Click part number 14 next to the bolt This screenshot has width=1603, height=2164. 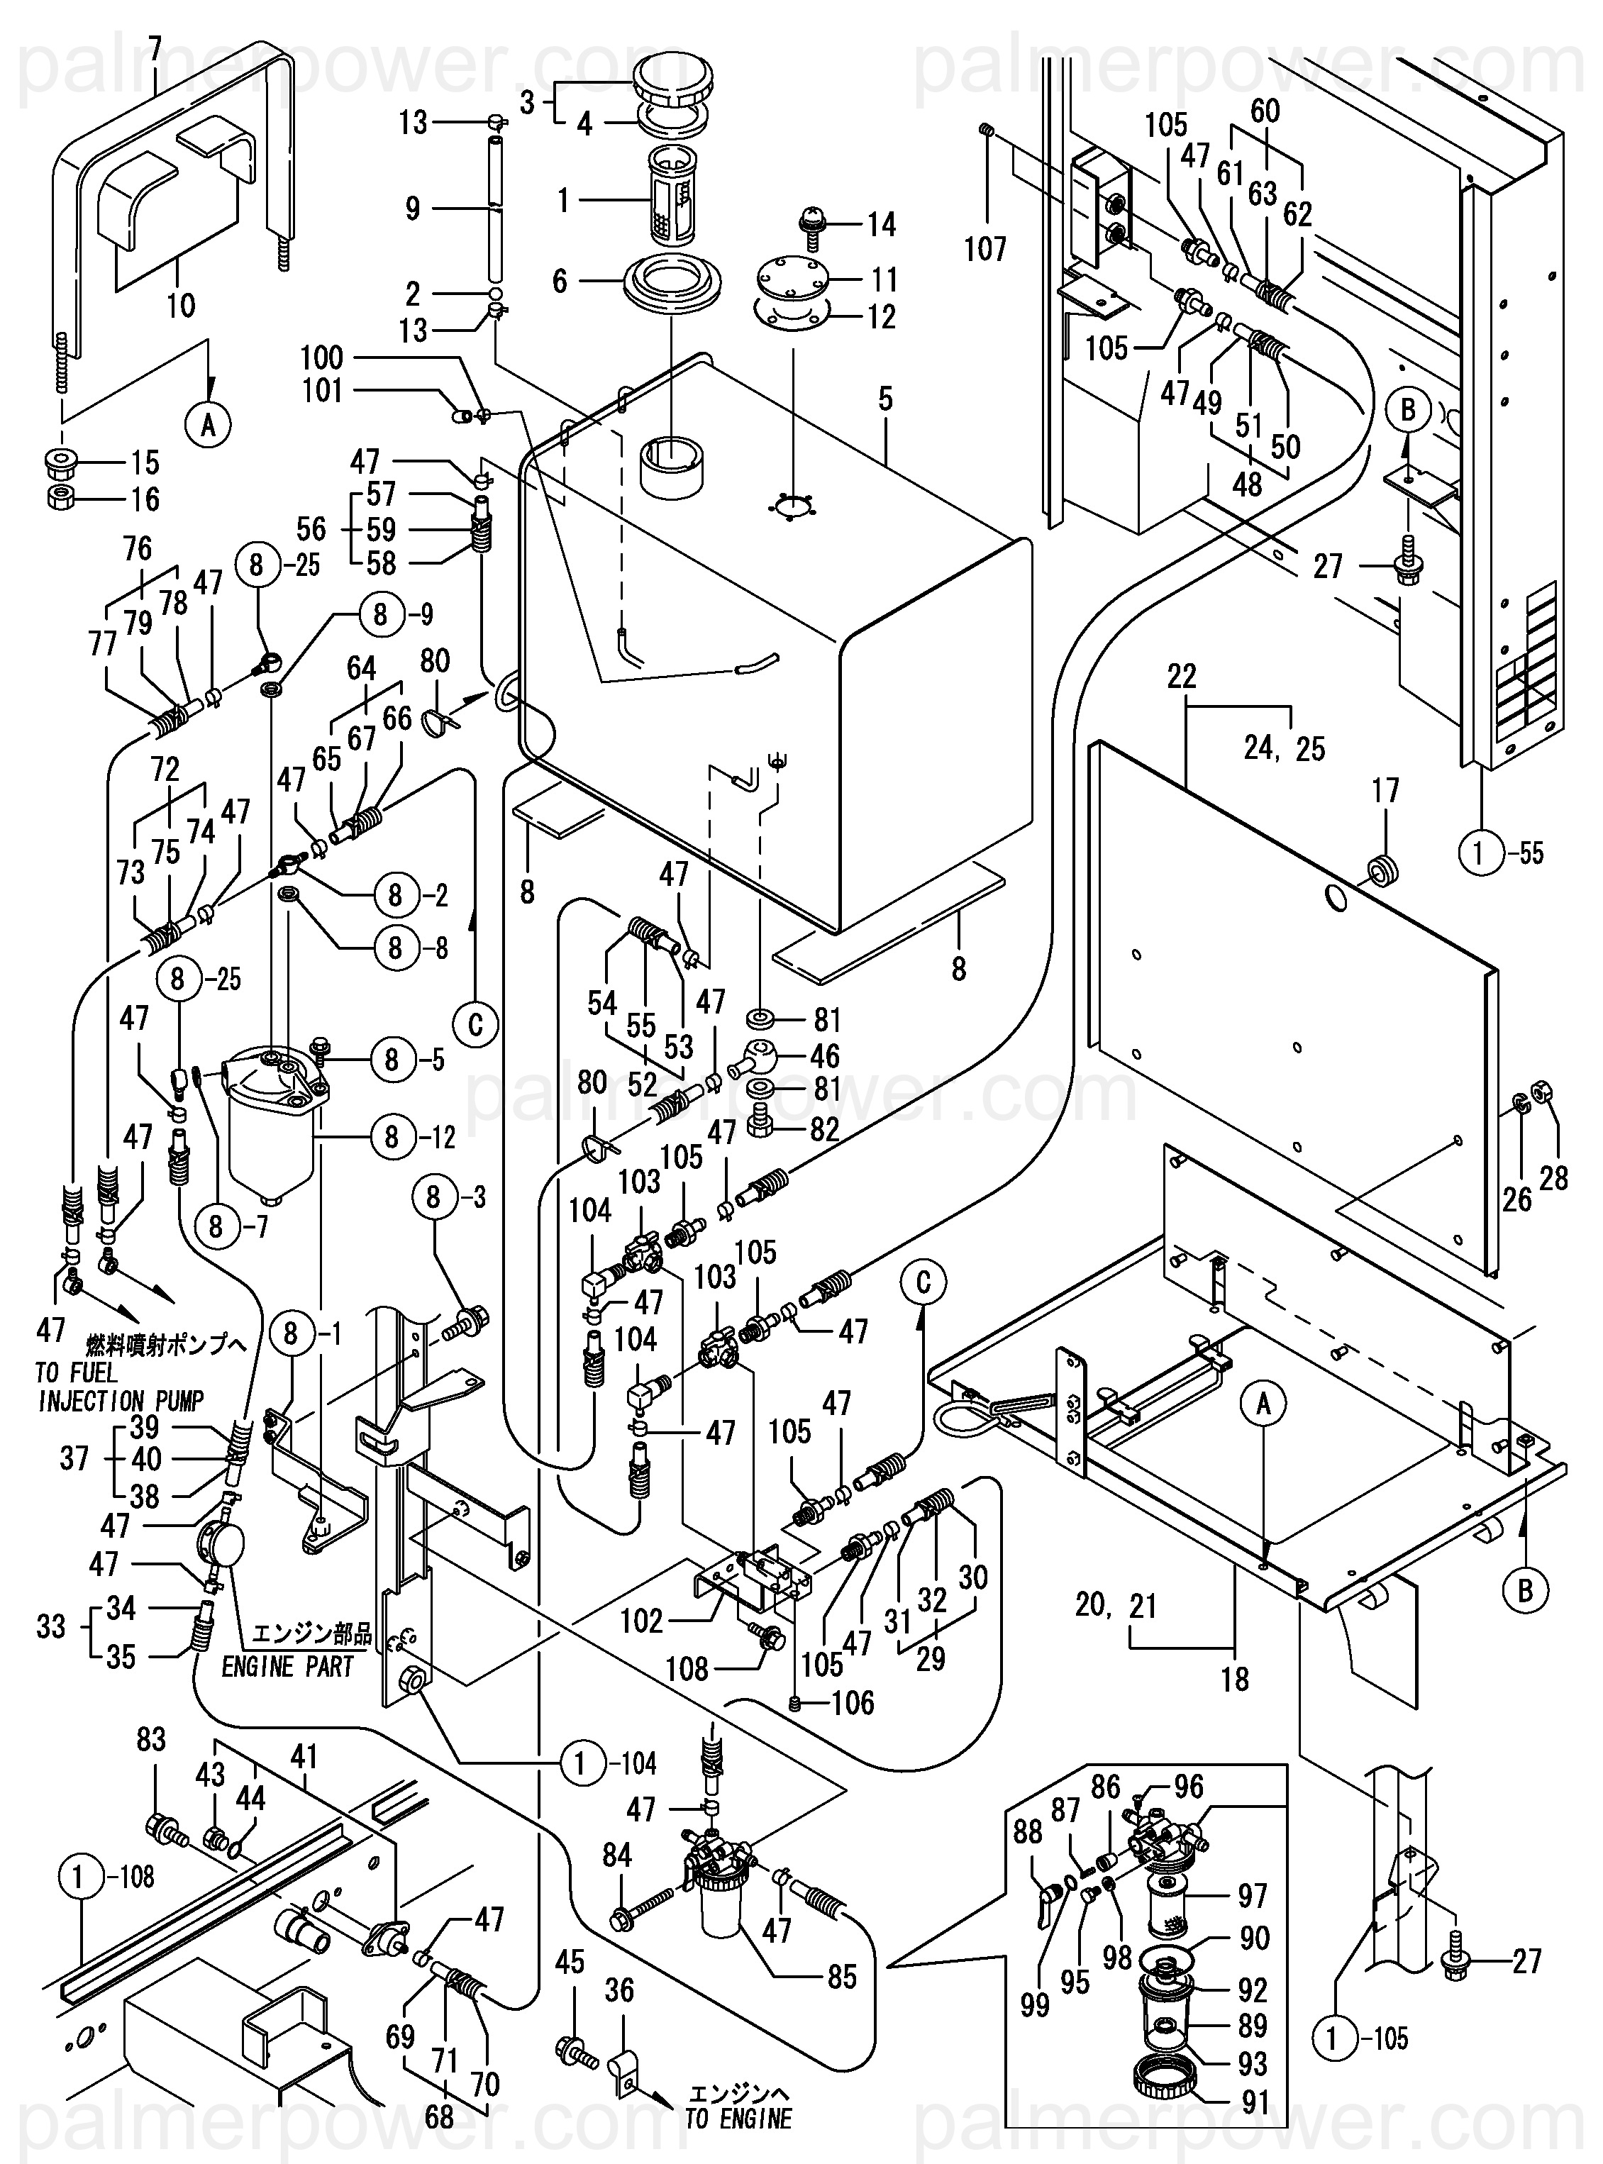pos(881,225)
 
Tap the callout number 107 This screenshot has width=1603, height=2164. pos(985,250)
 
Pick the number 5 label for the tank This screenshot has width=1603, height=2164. pos(885,399)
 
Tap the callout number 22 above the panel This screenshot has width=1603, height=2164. pos(1182,677)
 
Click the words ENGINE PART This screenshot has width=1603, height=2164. pos(287,1668)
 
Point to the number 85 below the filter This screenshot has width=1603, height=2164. pos(842,1977)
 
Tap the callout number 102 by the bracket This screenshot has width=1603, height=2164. pos(643,1621)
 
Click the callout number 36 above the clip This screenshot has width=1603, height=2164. pos(619,1991)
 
